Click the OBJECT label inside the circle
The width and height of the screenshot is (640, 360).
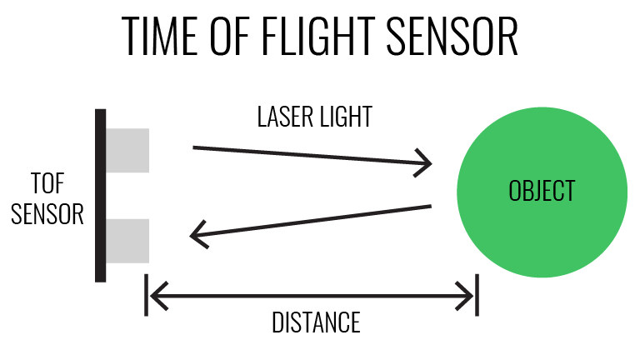tap(542, 191)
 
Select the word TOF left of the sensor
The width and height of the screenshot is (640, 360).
tap(47, 183)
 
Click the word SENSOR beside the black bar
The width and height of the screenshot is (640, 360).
tap(47, 214)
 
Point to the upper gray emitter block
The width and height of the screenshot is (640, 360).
tap(127, 150)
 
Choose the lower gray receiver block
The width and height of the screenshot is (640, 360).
tap(127, 240)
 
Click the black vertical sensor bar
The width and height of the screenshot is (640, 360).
tap(100, 195)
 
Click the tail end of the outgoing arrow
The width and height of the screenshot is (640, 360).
tap(195, 148)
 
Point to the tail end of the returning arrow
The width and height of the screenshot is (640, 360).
tap(429, 207)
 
